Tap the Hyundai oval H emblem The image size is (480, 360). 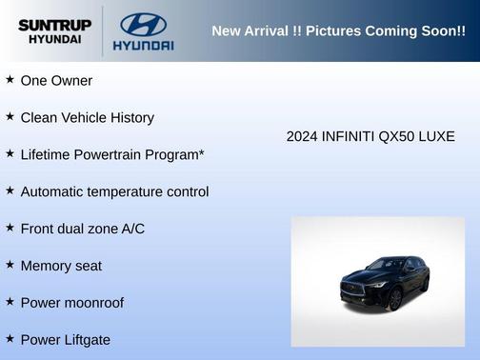[143, 24]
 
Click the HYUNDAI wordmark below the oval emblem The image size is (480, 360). [143, 45]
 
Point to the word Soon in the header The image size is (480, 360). [435, 31]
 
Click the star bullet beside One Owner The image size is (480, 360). [10, 80]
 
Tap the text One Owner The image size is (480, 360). [56, 81]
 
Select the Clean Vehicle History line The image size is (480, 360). [87, 118]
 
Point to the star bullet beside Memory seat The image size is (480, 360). [10, 265]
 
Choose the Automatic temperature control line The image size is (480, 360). [114, 191]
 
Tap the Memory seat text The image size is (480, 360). [61, 266]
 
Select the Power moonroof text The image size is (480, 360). [71, 303]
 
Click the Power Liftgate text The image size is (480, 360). [65, 340]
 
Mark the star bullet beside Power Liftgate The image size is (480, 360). [10, 339]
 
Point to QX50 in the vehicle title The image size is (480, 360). [392, 136]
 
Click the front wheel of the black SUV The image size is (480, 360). [394, 298]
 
